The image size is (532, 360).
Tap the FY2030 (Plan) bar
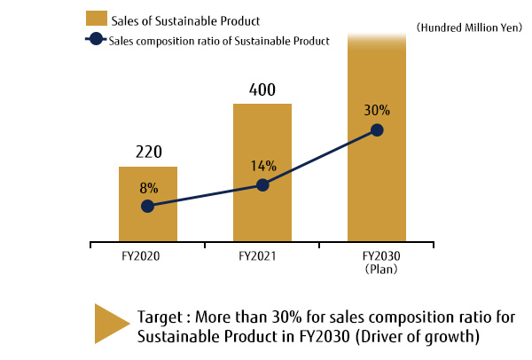pos(377,177)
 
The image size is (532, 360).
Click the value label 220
pos(148,152)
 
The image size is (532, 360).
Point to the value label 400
pos(262,90)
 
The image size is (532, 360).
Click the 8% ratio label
pos(148,188)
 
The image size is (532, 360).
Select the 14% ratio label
pos(263,166)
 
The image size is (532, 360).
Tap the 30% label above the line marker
pos(377,111)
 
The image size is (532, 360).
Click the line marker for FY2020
pos(148,206)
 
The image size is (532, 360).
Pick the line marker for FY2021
pos(262,184)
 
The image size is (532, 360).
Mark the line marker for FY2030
pos(377,129)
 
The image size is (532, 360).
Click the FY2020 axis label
pos(148,255)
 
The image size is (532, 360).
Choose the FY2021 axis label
pos(262,255)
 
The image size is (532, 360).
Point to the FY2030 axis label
pos(377,255)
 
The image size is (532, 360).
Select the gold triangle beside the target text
pos(111,324)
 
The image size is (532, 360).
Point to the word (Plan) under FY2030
pos(377,268)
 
